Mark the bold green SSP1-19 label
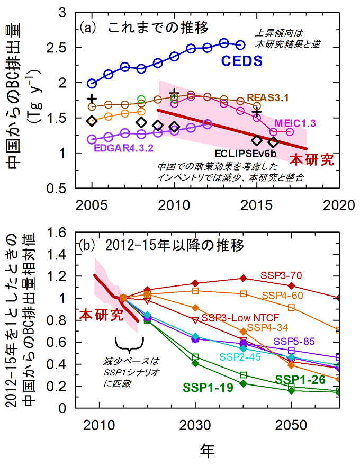[x=209, y=387]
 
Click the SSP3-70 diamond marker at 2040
[x=244, y=278]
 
